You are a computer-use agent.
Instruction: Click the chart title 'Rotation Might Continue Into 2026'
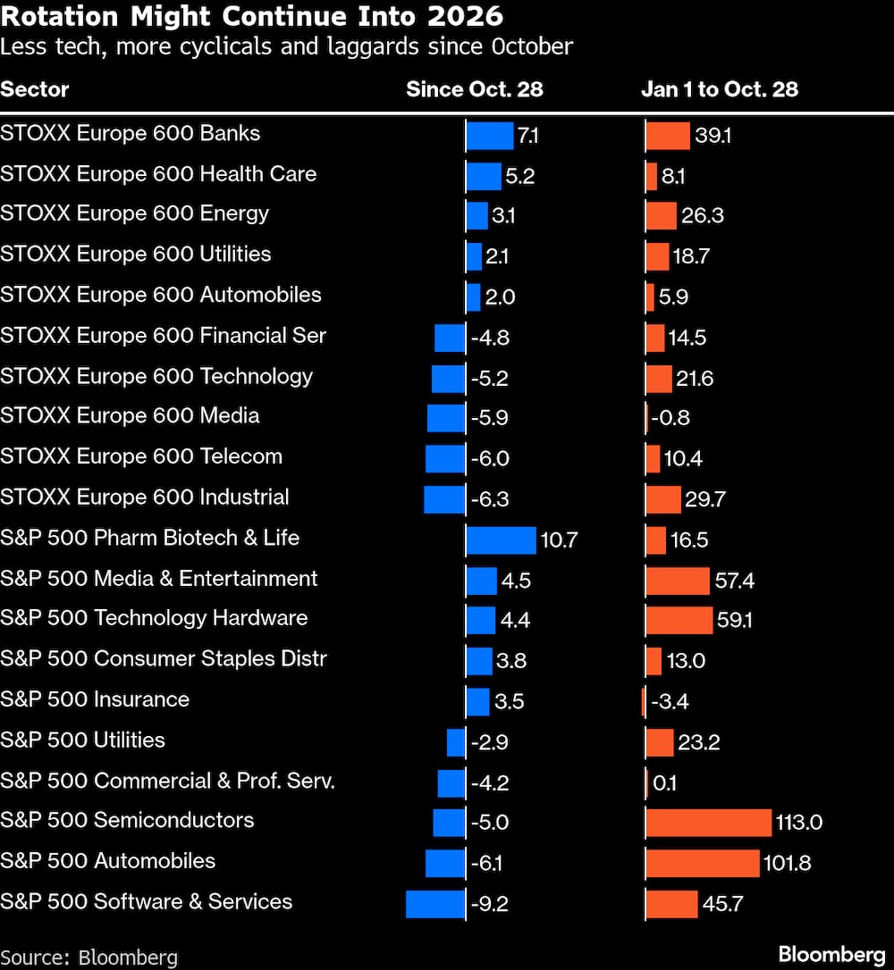point(251,16)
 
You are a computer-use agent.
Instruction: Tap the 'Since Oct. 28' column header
point(474,89)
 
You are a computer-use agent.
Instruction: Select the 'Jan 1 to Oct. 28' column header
point(719,89)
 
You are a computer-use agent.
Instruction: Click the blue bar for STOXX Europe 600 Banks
point(489,136)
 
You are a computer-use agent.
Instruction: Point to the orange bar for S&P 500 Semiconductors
point(708,822)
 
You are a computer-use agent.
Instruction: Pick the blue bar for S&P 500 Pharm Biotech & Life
point(501,539)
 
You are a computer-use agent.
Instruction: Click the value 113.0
point(799,823)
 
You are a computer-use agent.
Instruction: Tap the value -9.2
point(489,904)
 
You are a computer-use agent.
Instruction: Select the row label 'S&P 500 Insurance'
point(95,699)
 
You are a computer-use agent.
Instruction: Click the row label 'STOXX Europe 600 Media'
point(130,416)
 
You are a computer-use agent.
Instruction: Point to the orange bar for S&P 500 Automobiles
point(702,863)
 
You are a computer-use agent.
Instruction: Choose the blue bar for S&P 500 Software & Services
point(435,904)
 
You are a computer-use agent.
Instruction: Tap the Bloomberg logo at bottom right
point(831,954)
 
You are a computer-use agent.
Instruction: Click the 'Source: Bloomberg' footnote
point(89,957)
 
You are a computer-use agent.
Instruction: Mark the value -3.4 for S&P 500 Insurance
point(670,702)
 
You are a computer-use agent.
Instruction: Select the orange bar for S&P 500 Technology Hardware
point(679,620)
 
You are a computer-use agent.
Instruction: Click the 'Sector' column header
point(34,89)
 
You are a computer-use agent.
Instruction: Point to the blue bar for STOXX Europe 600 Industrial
point(444,499)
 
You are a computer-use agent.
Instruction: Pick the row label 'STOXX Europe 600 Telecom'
point(141,456)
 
